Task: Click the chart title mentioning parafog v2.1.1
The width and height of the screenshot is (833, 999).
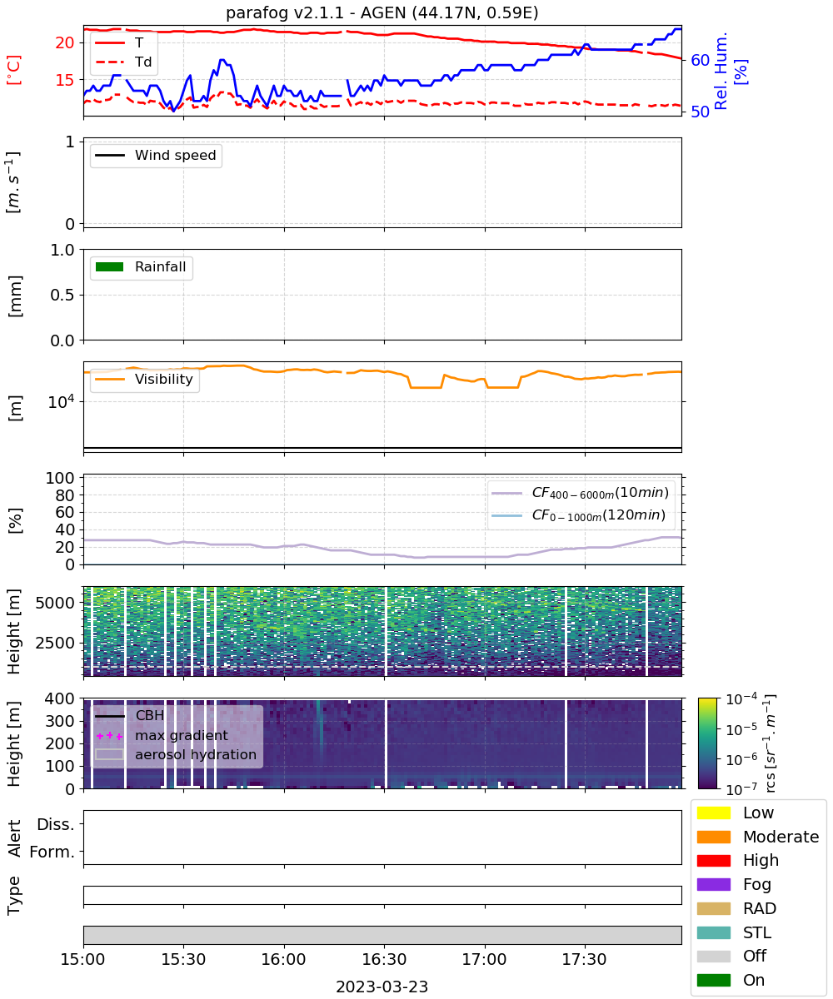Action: click(x=382, y=12)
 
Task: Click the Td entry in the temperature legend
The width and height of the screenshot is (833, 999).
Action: click(x=123, y=62)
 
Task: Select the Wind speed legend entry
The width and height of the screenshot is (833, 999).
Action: click(x=156, y=155)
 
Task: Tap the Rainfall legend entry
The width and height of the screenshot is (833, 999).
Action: click(x=141, y=266)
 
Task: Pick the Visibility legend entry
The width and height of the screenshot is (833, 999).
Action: click(x=144, y=379)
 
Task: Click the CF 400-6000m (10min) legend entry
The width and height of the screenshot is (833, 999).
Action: click(x=581, y=492)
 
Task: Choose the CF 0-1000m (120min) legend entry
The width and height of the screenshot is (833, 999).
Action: click(x=579, y=514)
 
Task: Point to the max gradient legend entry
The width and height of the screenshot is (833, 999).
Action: click(x=162, y=735)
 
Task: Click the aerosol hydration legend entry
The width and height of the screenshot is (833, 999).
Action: click(x=176, y=754)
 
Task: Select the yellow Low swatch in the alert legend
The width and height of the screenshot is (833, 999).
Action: click(x=713, y=813)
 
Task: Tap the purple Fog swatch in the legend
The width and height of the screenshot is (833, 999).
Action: click(x=713, y=885)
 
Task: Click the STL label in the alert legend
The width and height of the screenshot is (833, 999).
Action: click(x=757, y=932)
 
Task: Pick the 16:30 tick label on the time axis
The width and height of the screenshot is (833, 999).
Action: click(x=384, y=959)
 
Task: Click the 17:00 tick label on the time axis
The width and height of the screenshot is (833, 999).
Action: click(x=485, y=959)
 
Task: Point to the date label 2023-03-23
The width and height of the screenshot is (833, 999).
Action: click(x=382, y=987)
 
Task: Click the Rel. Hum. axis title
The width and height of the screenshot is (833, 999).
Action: click(x=721, y=71)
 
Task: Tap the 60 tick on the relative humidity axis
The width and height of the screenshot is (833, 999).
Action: click(x=700, y=60)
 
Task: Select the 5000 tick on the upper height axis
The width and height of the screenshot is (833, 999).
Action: click(x=55, y=603)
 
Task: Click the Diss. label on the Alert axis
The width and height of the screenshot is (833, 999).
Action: click(x=56, y=824)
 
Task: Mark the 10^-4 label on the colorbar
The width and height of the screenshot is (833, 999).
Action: click(x=741, y=699)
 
